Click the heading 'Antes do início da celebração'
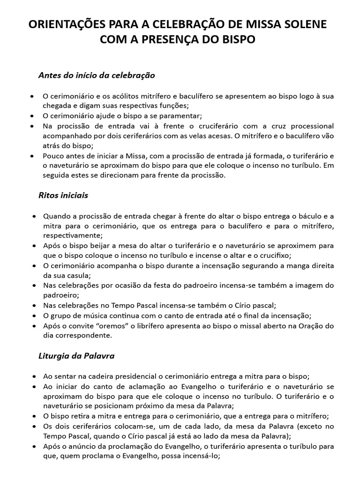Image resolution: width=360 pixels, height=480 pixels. (x=97, y=75)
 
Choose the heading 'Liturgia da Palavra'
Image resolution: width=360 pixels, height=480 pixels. (x=76, y=356)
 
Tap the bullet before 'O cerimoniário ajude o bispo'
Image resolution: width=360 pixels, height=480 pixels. (x=31, y=116)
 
